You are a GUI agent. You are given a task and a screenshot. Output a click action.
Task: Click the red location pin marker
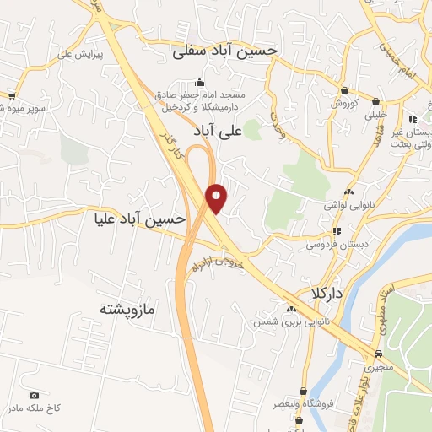click(x=218, y=197)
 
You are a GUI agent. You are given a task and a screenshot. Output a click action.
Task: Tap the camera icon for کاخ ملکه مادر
click(x=35, y=396)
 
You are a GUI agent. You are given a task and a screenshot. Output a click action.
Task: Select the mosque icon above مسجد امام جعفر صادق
click(x=199, y=82)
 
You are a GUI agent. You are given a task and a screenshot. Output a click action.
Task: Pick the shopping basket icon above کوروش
click(x=345, y=90)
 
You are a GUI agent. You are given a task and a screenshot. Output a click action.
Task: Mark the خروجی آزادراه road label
click(x=224, y=256)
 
